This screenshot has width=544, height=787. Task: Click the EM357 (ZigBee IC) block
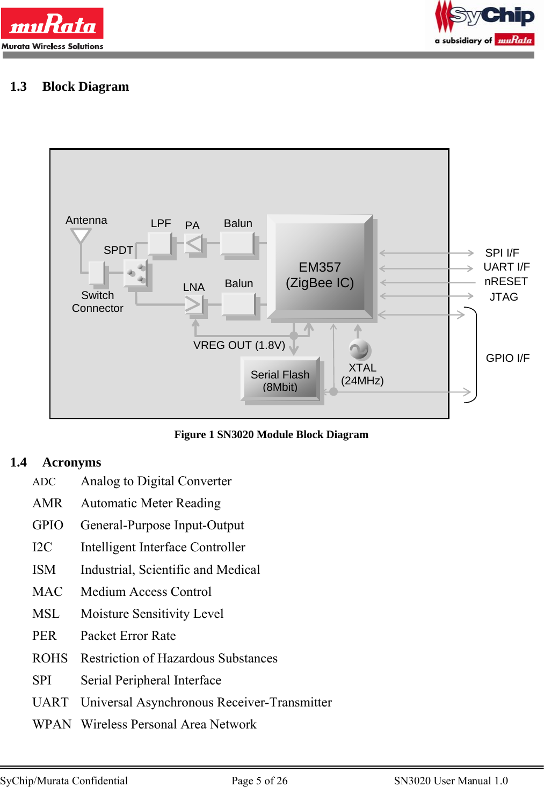click(320, 268)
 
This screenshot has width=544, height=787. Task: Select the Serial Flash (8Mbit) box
click(280, 380)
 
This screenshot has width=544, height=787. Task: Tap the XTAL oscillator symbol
click(359, 350)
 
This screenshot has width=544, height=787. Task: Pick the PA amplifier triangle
click(194, 244)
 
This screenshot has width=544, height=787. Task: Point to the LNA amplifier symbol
click(193, 304)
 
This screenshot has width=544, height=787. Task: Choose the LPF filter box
click(159, 244)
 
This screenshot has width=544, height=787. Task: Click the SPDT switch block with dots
click(135, 274)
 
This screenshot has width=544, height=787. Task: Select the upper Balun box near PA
click(237, 243)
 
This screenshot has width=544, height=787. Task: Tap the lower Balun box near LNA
click(238, 304)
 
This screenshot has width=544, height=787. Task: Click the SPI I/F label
click(502, 253)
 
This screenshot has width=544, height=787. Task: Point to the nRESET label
click(506, 281)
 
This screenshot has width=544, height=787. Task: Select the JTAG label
click(504, 297)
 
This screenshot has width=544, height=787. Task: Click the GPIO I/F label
click(507, 358)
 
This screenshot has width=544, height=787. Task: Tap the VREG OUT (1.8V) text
click(239, 345)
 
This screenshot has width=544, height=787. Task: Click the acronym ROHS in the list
click(50, 658)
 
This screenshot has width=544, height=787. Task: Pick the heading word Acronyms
click(72, 462)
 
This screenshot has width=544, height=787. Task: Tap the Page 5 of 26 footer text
click(259, 781)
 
